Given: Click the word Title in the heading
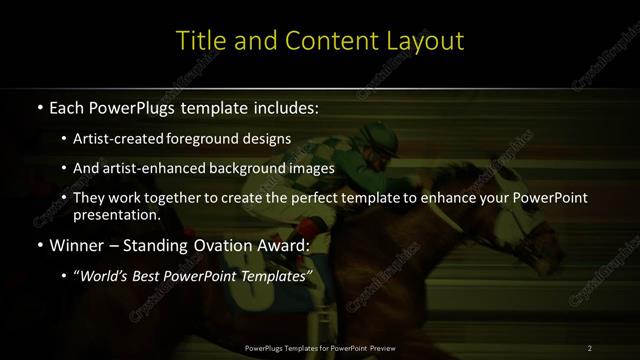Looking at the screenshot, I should tap(198, 41).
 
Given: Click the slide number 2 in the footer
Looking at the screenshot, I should tap(590, 347).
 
